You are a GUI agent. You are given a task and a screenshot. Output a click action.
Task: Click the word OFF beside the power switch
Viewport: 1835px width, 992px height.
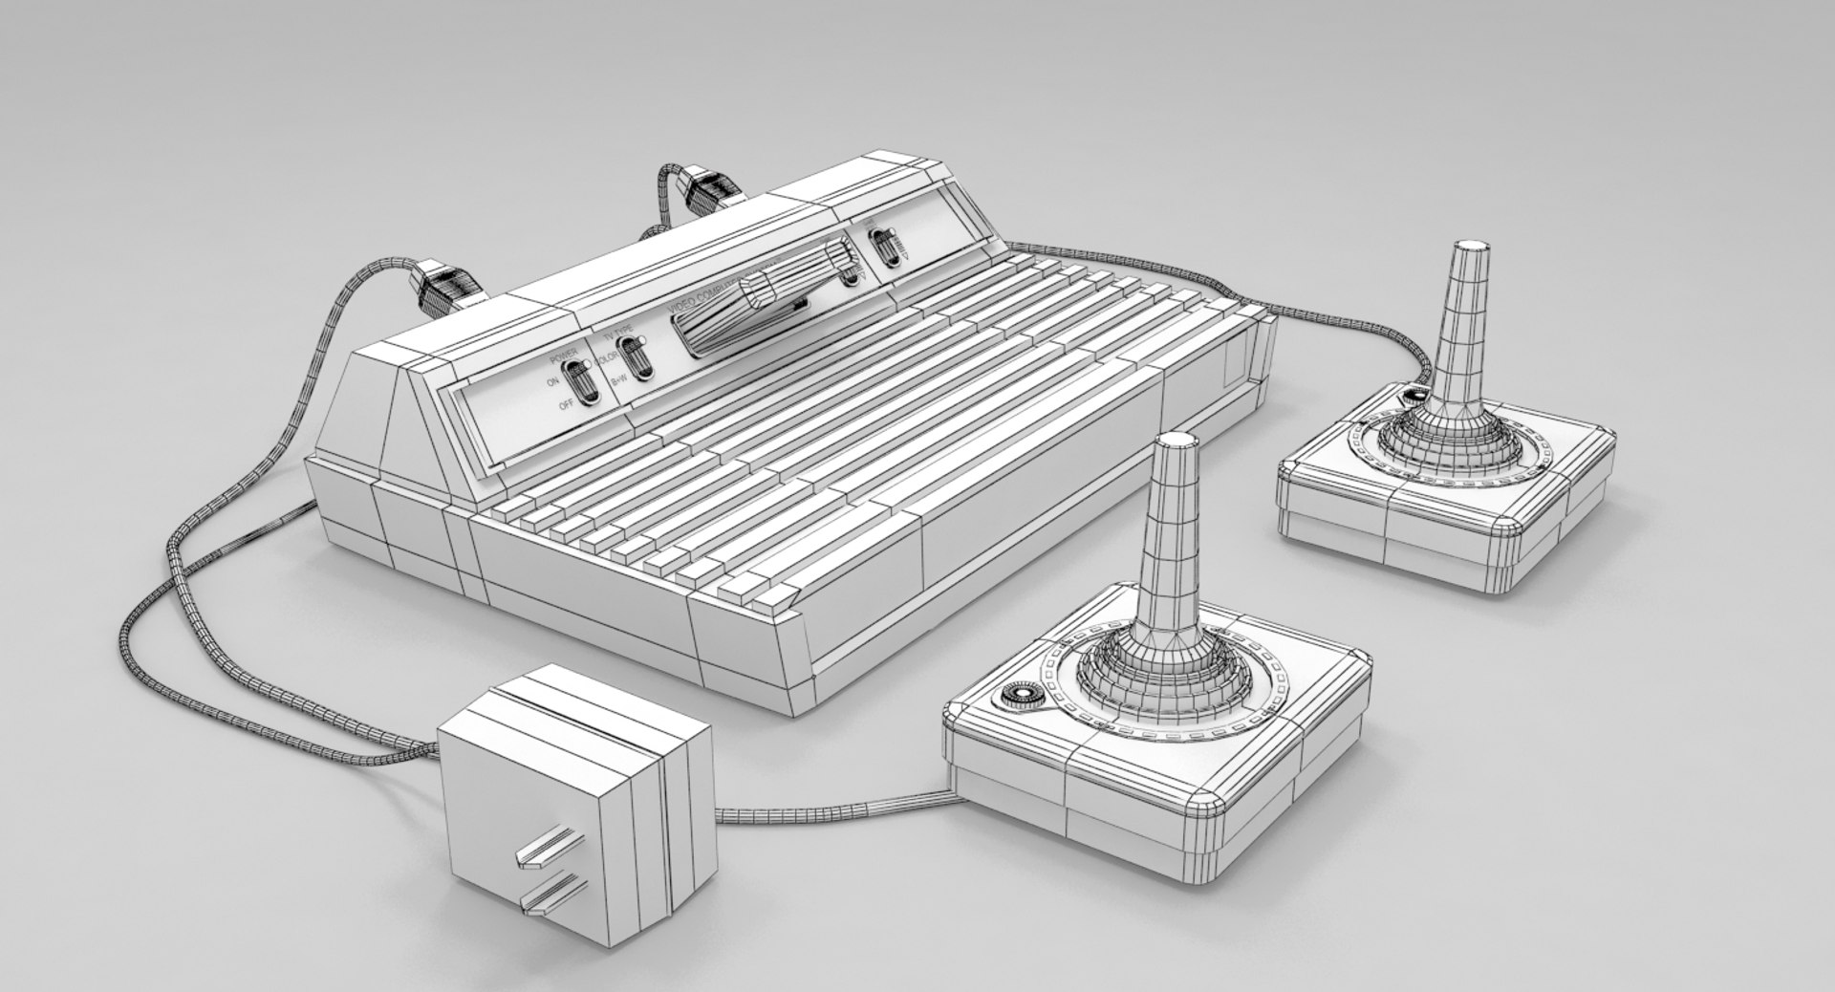[x=566, y=406]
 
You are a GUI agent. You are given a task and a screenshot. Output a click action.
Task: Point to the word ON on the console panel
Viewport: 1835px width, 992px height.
[x=552, y=381]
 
